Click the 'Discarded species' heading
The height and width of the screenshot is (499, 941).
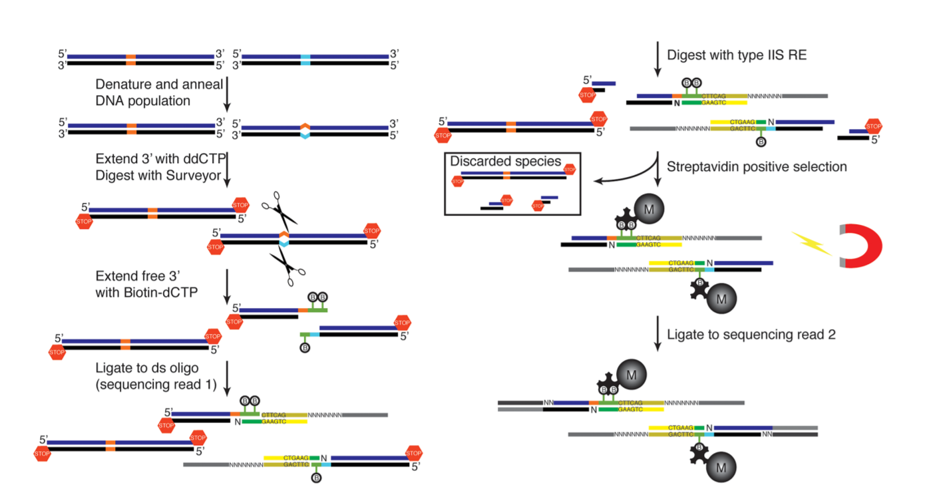(505, 162)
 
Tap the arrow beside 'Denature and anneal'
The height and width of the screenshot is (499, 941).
(228, 92)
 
